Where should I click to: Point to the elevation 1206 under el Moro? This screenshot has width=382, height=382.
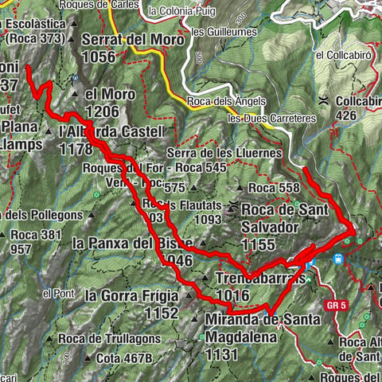pos(102,111)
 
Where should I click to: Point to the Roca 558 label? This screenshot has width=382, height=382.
pos(274,188)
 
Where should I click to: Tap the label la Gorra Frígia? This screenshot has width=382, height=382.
pos(132,295)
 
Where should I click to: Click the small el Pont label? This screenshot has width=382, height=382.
pos(57,294)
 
